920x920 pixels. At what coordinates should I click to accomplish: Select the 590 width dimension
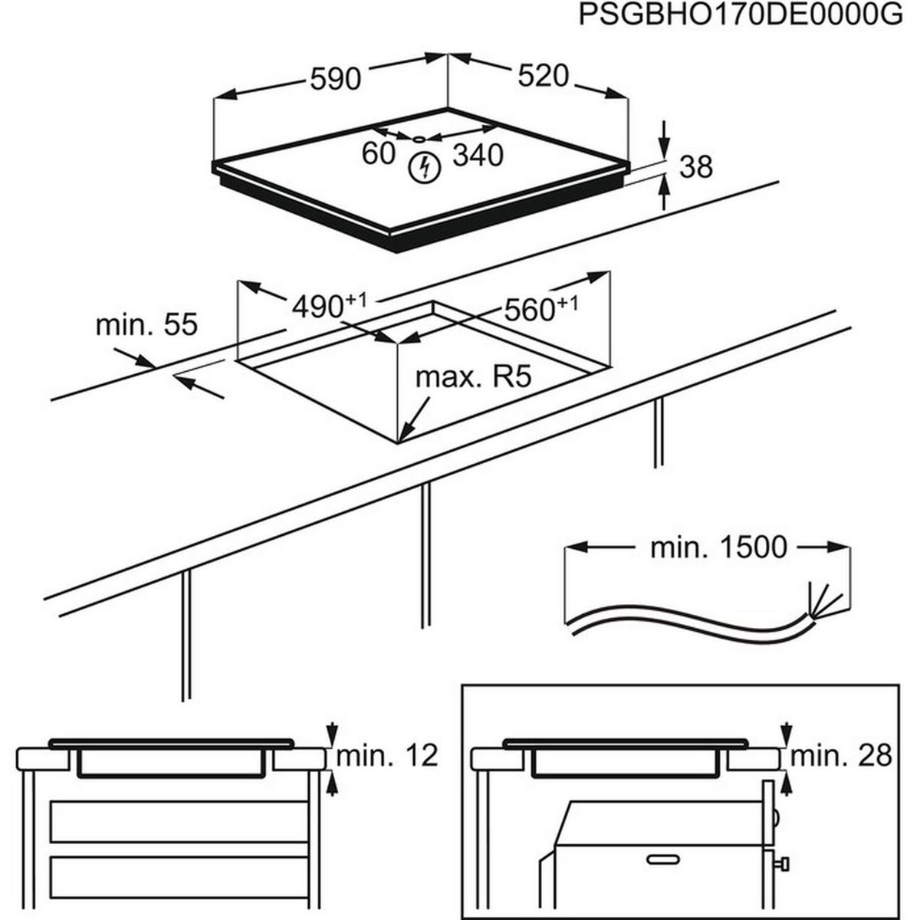click(x=335, y=78)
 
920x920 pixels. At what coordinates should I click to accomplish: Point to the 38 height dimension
click(x=696, y=166)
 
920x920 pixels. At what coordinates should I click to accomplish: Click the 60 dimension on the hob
click(x=378, y=153)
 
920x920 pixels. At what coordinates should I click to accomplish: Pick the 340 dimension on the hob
click(x=478, y=155)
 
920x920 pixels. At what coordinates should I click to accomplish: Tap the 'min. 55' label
click(x=146, y=324)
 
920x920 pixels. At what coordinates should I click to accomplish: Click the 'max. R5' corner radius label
click(x=473, y=377)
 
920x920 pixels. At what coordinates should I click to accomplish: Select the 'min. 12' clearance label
click(x=387, y=756)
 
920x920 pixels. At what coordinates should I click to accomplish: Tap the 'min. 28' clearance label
click(x=841, y=756)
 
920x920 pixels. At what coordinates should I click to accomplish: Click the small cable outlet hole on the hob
click(x=419, y=140)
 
